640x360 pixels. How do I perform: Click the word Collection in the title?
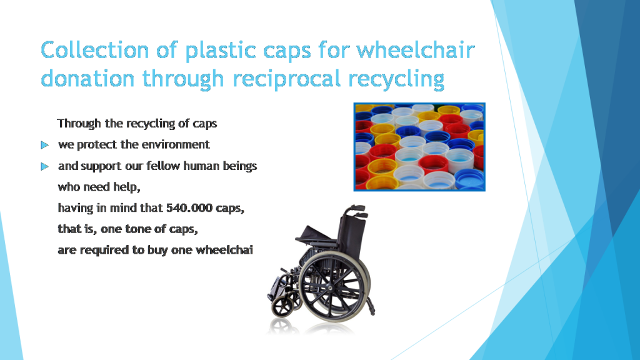[95, 50]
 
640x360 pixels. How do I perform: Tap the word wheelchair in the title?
[416, 50]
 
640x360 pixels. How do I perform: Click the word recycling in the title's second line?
[396, 78]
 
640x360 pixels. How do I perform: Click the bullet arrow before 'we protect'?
[44, 145]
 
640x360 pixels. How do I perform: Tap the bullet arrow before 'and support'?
[44, 166]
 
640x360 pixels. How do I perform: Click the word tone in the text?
[132, 229]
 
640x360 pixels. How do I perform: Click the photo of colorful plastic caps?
[419, 147]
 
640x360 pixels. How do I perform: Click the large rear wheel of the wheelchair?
[335, 287]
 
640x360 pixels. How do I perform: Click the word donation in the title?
[87, 78]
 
